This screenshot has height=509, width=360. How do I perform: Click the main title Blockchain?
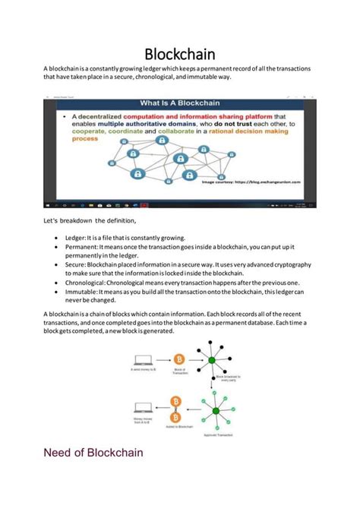pyautogui.click(x=179, y=54)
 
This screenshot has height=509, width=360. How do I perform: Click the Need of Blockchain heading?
pyautogui.click(x=94, y=454)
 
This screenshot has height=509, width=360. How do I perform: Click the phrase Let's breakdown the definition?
pyautogui.click(x=90, y=220)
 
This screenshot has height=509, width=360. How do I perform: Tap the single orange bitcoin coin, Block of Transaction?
pyautogui.click(x=180, y=358)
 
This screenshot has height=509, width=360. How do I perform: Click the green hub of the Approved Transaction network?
pyautogui.click(x=216, y=411)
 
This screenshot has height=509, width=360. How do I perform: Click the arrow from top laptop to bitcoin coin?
pyautogui.click(x=161, y=359)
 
